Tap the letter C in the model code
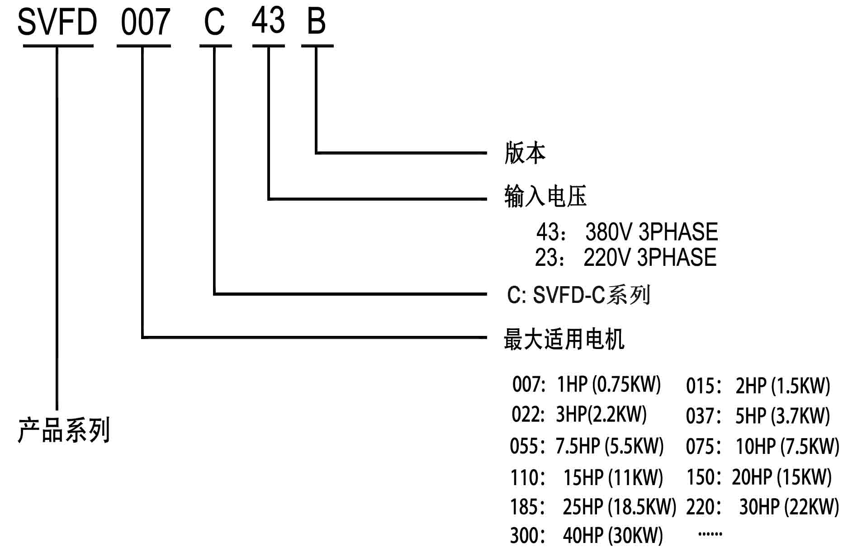point(214,22)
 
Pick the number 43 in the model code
point(268,21)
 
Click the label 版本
point(525,153)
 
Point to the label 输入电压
point(545,196)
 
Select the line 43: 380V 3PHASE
point(627,232)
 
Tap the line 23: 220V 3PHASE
point(625,257)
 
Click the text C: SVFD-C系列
point(578,295)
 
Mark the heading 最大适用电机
point(564,339)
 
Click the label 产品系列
point(64,430)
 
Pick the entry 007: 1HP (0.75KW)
point(587,384)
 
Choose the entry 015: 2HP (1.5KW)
point(758,386)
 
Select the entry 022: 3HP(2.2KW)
point(579,414)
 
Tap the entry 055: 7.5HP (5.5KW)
point(587,446)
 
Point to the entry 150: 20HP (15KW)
point(759,477)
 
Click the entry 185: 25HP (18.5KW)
point(593,507)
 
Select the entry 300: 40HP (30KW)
point(586,536)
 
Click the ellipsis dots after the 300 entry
point(710,534)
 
